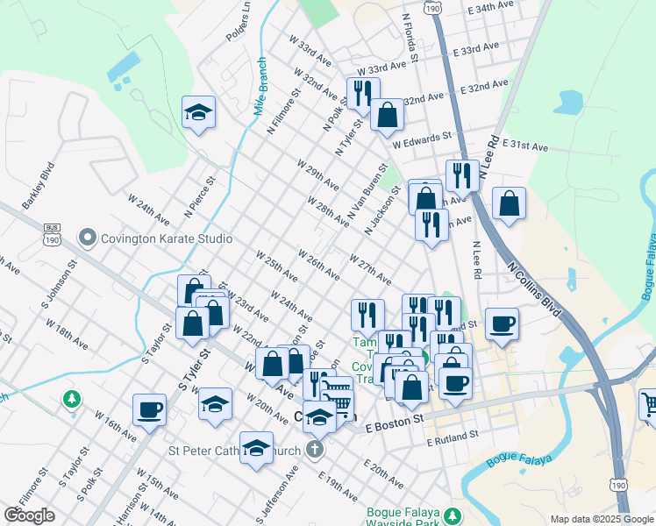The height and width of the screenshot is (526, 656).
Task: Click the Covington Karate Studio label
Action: point(167,238)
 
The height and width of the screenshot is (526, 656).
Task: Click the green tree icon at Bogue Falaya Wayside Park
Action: point(453,516)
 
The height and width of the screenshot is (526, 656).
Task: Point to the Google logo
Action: point(29,515)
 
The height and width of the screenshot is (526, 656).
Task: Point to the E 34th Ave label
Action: point(490,6)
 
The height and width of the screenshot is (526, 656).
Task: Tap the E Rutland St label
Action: point(453,435)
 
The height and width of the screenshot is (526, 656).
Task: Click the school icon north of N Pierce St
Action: point(199,112)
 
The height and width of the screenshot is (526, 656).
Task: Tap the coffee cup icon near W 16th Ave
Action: point(149,409)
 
